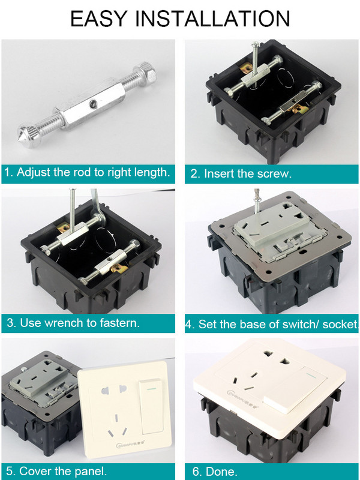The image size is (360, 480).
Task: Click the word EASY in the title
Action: click(98, 19)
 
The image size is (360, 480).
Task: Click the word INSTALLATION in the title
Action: click(212, 19)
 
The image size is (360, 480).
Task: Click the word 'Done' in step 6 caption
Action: click(221, 472)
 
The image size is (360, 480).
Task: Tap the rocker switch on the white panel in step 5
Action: click(151, 406)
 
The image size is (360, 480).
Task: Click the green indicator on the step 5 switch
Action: click(152, 389)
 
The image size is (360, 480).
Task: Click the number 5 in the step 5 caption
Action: click(10, 470)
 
